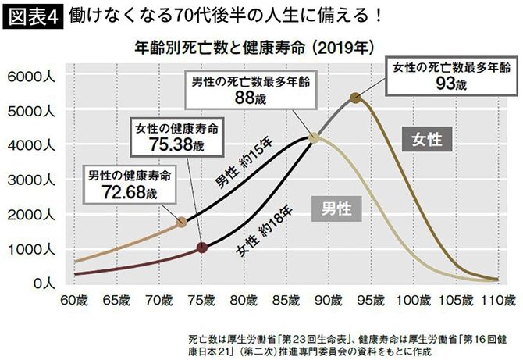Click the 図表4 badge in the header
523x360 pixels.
tap(31, 16)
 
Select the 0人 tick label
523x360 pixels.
tap(37, 283)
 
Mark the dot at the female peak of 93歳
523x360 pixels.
tap(355, 98)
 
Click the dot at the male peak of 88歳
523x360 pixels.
tap(314, 137)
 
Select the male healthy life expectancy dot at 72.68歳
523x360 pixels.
tap(181, 222)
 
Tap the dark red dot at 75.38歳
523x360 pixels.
tap(202, 248)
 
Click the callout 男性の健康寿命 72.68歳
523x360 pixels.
tap(129, 184)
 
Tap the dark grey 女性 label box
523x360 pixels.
tap(425, 140)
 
